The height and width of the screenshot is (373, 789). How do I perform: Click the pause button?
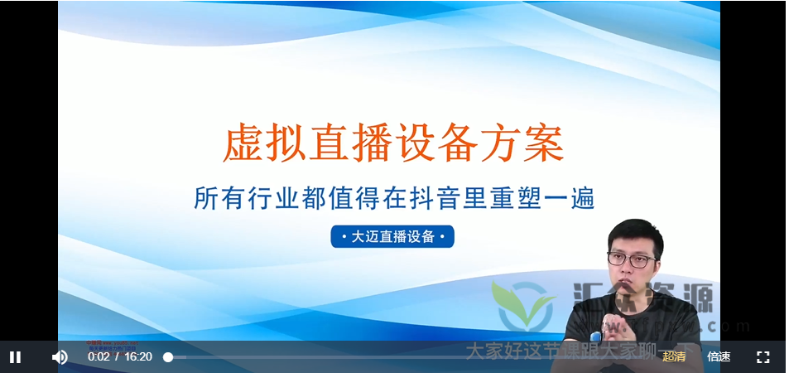(15, 356)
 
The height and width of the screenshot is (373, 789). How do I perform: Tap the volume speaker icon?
(60, 356)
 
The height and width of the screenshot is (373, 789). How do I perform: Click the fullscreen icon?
(763, 356)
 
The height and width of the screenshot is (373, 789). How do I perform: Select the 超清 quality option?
(674, 356)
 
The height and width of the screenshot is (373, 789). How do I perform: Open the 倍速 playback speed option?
(719, 356)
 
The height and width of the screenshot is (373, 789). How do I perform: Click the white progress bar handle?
(168, 356)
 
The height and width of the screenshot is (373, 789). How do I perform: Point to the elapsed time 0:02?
(99, 356)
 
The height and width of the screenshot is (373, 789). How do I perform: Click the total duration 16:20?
(138, 356)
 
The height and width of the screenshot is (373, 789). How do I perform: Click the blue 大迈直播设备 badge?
(392, 236)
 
